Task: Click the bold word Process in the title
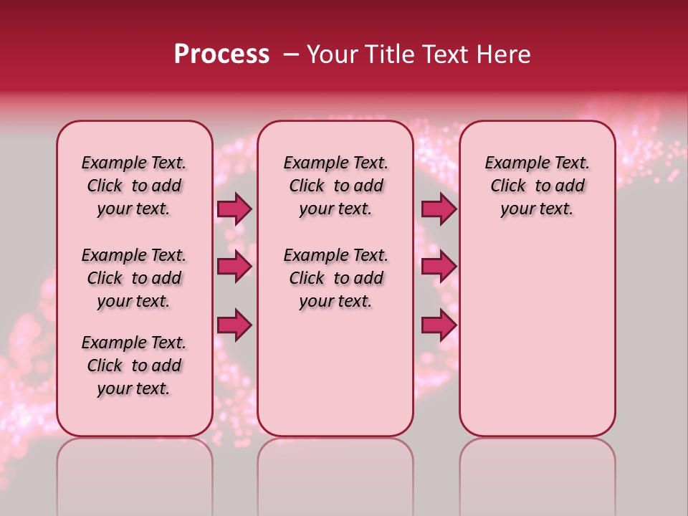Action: point(221,54)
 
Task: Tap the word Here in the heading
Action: point(504,54)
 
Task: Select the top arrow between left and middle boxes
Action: point(234,209)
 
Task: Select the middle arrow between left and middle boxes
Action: point(234,267)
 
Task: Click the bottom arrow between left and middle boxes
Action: point(234,325)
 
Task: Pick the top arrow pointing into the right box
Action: point(439,209)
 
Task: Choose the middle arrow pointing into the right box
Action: point(439,267)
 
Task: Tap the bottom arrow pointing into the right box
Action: point(439,325)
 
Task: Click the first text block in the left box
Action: point(134,186)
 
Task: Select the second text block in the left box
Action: point(134,278)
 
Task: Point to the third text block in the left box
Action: point(134,365)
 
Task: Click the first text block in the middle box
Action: point(335,186)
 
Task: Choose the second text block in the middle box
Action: point(335,278)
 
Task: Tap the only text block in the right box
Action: point(537,186)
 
